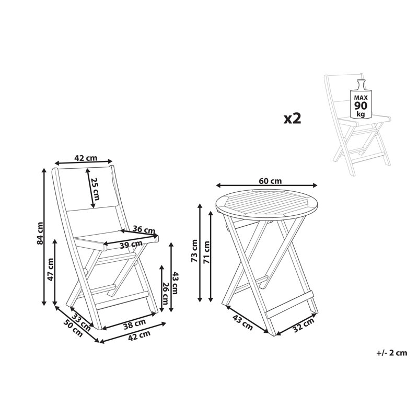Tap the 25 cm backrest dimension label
[95, 189]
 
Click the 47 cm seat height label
[50, 269]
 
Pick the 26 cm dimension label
[165, 293]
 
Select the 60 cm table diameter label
[270, 181]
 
